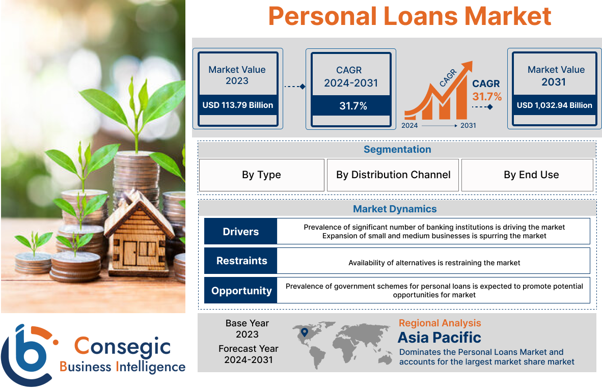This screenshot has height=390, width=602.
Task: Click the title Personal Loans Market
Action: tap(409, 16)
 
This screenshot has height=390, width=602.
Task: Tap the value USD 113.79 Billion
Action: tap(238, 105)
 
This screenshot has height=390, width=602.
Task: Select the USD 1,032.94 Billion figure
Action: tap(555, 105)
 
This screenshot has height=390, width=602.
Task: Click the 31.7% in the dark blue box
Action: tap(353, 106)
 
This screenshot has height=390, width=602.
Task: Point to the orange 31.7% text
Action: tap(487, 96)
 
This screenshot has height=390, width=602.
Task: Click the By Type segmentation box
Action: tap(261, 175)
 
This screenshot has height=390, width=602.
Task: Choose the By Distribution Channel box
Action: tap(393, 175)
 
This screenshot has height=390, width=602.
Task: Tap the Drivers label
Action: tap(241, 232)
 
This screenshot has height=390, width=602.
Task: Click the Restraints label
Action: tap(241, 261)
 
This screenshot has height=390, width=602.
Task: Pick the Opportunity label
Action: tap(241, 291)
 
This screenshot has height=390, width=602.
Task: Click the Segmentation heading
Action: tap(397, 149)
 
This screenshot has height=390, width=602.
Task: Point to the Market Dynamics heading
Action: tap(395, 209)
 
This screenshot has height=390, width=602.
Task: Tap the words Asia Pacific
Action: tap(439, 338)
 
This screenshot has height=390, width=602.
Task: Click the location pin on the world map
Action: tap(305, 332)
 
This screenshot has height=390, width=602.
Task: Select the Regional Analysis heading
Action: tap(440, 323)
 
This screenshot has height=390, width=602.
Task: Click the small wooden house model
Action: tap(138, 235)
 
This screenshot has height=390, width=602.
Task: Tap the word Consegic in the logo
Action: tap(122, 346)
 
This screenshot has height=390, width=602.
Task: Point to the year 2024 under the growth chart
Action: tap(409, 126)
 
